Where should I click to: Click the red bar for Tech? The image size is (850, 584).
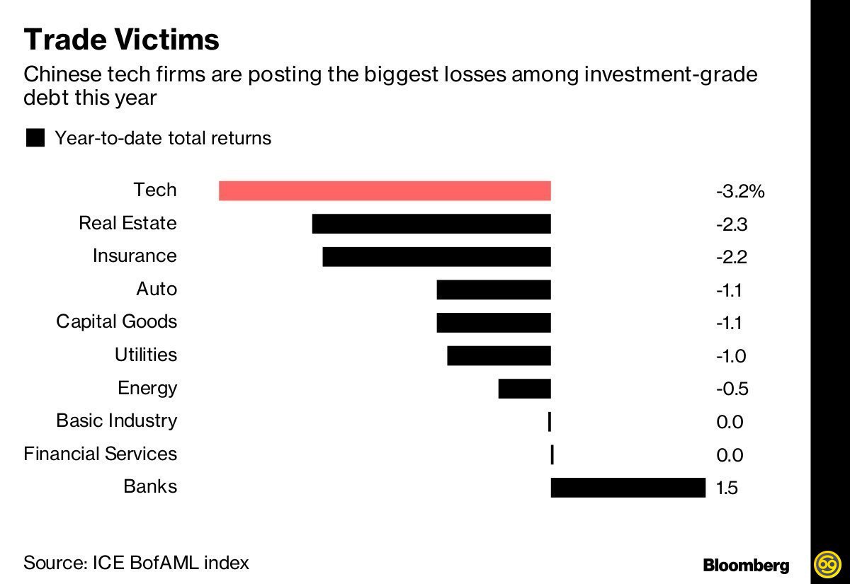point(385,190)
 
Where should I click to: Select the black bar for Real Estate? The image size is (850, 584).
point(431,224)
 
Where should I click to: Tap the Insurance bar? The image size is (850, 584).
point(436,256)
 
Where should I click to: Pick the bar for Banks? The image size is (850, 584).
point(628,487)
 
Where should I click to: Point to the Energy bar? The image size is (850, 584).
point(524,389)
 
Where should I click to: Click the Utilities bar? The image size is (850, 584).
point(499,355)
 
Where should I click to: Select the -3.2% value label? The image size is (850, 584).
point(740,191)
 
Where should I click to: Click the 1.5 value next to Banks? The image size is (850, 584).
point(727,488)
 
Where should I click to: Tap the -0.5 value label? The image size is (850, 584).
point(732,389)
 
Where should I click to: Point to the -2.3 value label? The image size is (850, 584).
point(732,224)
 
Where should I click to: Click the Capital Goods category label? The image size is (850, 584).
point(117,322)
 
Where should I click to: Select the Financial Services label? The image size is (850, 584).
point(100,454)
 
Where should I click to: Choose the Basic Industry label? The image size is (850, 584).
point(117,420)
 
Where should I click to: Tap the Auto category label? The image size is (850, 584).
point(157,289)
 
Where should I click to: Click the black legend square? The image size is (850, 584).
point(35,137)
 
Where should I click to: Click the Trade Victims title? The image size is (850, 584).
point(121,40)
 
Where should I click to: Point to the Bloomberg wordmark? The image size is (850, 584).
point(746,565)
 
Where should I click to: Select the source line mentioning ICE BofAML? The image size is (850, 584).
point(136,563)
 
